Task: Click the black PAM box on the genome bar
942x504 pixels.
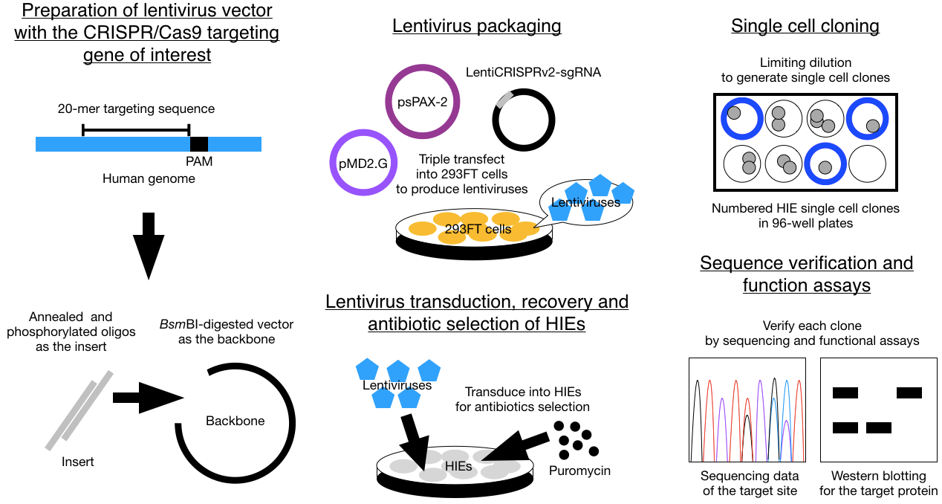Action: click(x=198, y=144)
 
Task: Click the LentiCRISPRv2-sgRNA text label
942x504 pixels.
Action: click(x=533, y=73)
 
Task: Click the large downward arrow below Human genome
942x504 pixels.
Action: click(x=149, y=245)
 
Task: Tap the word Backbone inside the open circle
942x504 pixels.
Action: click(x=235, y=421)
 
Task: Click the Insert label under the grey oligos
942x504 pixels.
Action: click(x=77, y=462)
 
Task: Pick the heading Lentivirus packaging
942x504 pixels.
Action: click(x=476, y=27)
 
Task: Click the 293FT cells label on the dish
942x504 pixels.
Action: click(x=478, y=229)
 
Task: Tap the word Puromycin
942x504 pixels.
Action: click(x=579, y=471)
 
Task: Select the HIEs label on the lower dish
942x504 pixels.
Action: click(x=458, y=465)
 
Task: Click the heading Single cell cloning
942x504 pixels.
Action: click(x=805, y=27)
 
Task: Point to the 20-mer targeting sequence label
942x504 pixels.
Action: click(x=136, y=109)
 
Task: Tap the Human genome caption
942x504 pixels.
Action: click(x=149, y=178)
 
